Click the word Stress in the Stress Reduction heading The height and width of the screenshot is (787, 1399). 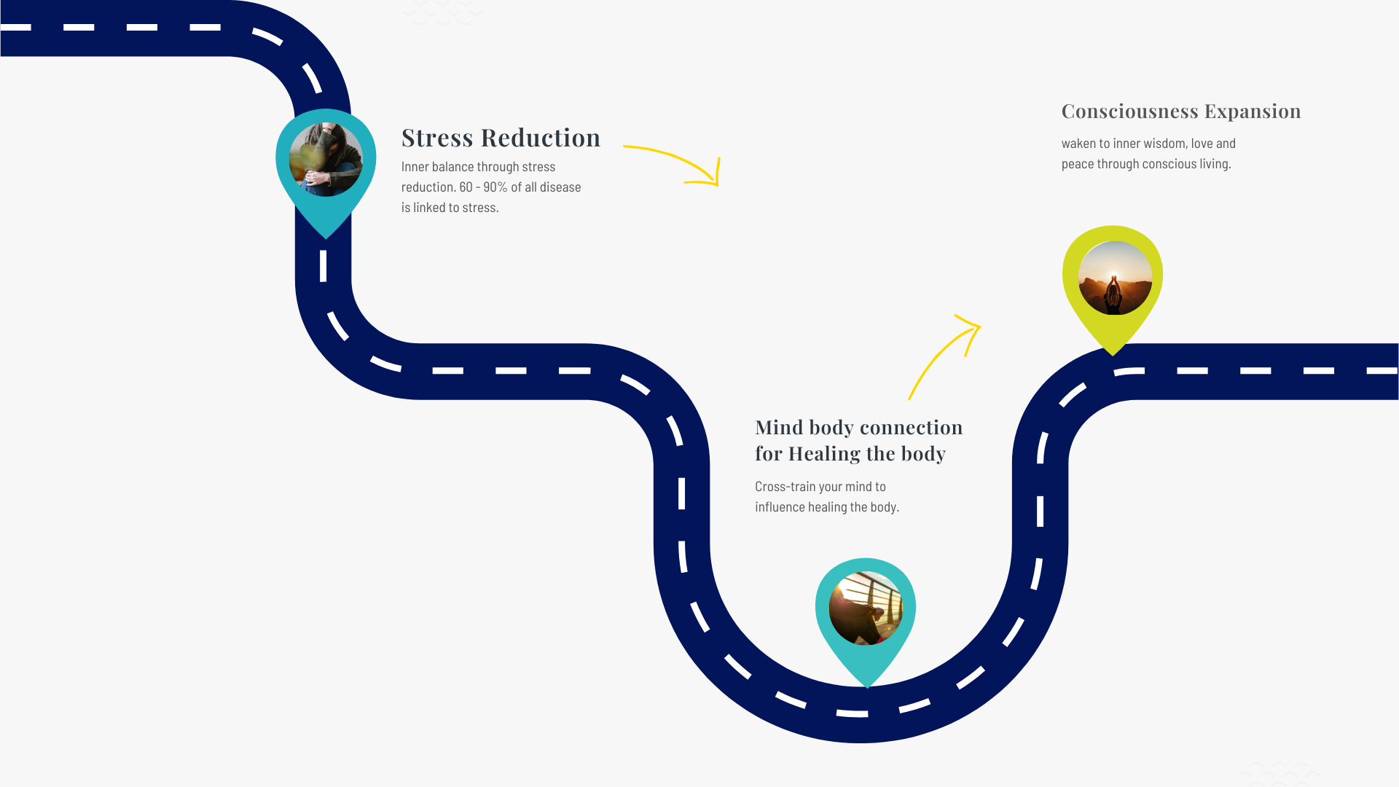tap(437, 138)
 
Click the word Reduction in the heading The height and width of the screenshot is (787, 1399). tap(541, 138)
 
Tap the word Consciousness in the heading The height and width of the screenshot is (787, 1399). tap(1129, 111)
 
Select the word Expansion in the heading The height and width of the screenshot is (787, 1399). tap(1253, 111)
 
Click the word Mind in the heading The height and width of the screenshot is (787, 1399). tap(779, 427)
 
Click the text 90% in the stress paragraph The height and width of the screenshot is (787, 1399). tap(495, 187)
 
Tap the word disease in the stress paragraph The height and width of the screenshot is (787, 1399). tap(560, 187)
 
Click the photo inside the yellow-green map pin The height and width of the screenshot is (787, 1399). tap(1115, 278)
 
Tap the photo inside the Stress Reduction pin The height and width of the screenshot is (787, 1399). tap(326, 160)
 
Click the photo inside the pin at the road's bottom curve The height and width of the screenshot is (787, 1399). tap(866, 608)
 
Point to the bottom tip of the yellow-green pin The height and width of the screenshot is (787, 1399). tap(1113, 354)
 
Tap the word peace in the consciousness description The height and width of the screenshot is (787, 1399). tap(1078, 164)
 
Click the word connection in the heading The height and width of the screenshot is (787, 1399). tap(912, 427)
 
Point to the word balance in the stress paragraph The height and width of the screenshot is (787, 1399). tap(452, 167)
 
